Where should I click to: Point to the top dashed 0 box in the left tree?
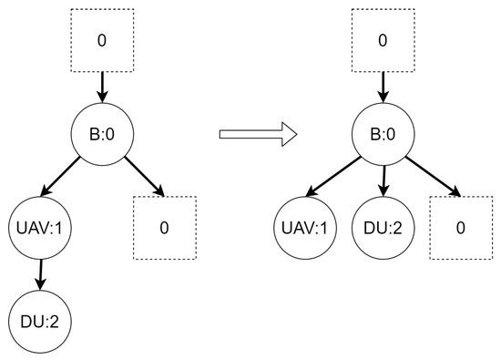[101, 42]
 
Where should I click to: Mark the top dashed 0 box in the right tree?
[383, 42]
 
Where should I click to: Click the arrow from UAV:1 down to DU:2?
[39, 273]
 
